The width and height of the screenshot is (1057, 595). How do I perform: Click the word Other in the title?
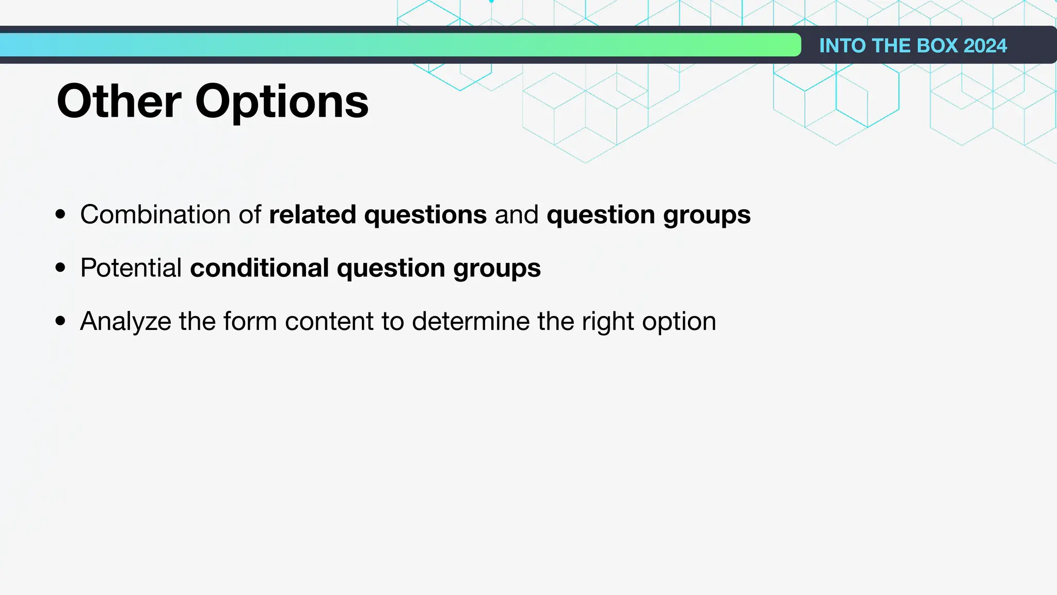pos(119,101)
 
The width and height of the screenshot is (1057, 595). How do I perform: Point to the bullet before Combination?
pos(61,214)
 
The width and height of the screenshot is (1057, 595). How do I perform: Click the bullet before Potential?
pos(61,268)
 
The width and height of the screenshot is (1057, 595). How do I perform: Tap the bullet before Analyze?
pos(61,321)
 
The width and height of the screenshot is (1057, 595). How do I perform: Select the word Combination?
pos(155,214)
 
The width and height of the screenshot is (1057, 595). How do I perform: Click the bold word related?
pos(312,214)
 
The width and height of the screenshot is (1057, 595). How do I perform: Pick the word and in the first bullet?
pos(516,214)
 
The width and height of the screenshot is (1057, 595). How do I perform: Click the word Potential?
pos(131,268)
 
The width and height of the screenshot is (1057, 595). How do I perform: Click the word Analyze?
pos(125,321)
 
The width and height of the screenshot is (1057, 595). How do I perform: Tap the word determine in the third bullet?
pos(471,321)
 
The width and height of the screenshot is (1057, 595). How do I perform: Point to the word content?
pos(329,321)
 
